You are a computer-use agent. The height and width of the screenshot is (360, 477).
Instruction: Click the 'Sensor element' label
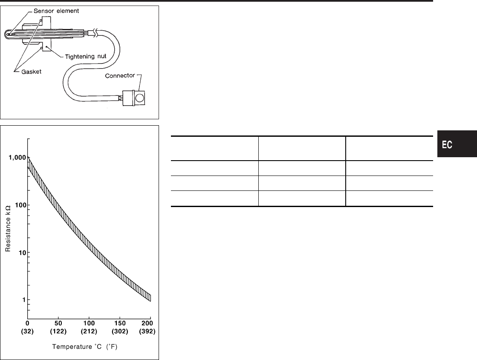(x=56, y=11)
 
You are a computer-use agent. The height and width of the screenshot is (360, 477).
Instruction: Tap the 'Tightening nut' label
(x=86, y=56)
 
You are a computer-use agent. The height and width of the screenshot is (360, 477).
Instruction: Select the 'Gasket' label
(x=32, y=72)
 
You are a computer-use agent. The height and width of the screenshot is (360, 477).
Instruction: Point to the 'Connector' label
(x=120, y=76)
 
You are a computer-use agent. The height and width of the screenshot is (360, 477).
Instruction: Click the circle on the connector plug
(x=140, y=98)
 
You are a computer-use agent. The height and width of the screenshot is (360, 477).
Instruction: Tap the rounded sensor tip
(x=7, y=34)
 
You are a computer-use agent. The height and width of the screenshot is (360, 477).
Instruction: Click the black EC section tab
(x=457, y=144)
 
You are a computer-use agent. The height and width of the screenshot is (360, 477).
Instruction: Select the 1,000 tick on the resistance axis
(x=17, y=158)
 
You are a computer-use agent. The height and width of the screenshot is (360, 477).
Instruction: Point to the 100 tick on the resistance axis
(x=21, y=205)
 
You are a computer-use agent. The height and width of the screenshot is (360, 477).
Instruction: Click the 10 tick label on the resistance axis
(x=22, y=253)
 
